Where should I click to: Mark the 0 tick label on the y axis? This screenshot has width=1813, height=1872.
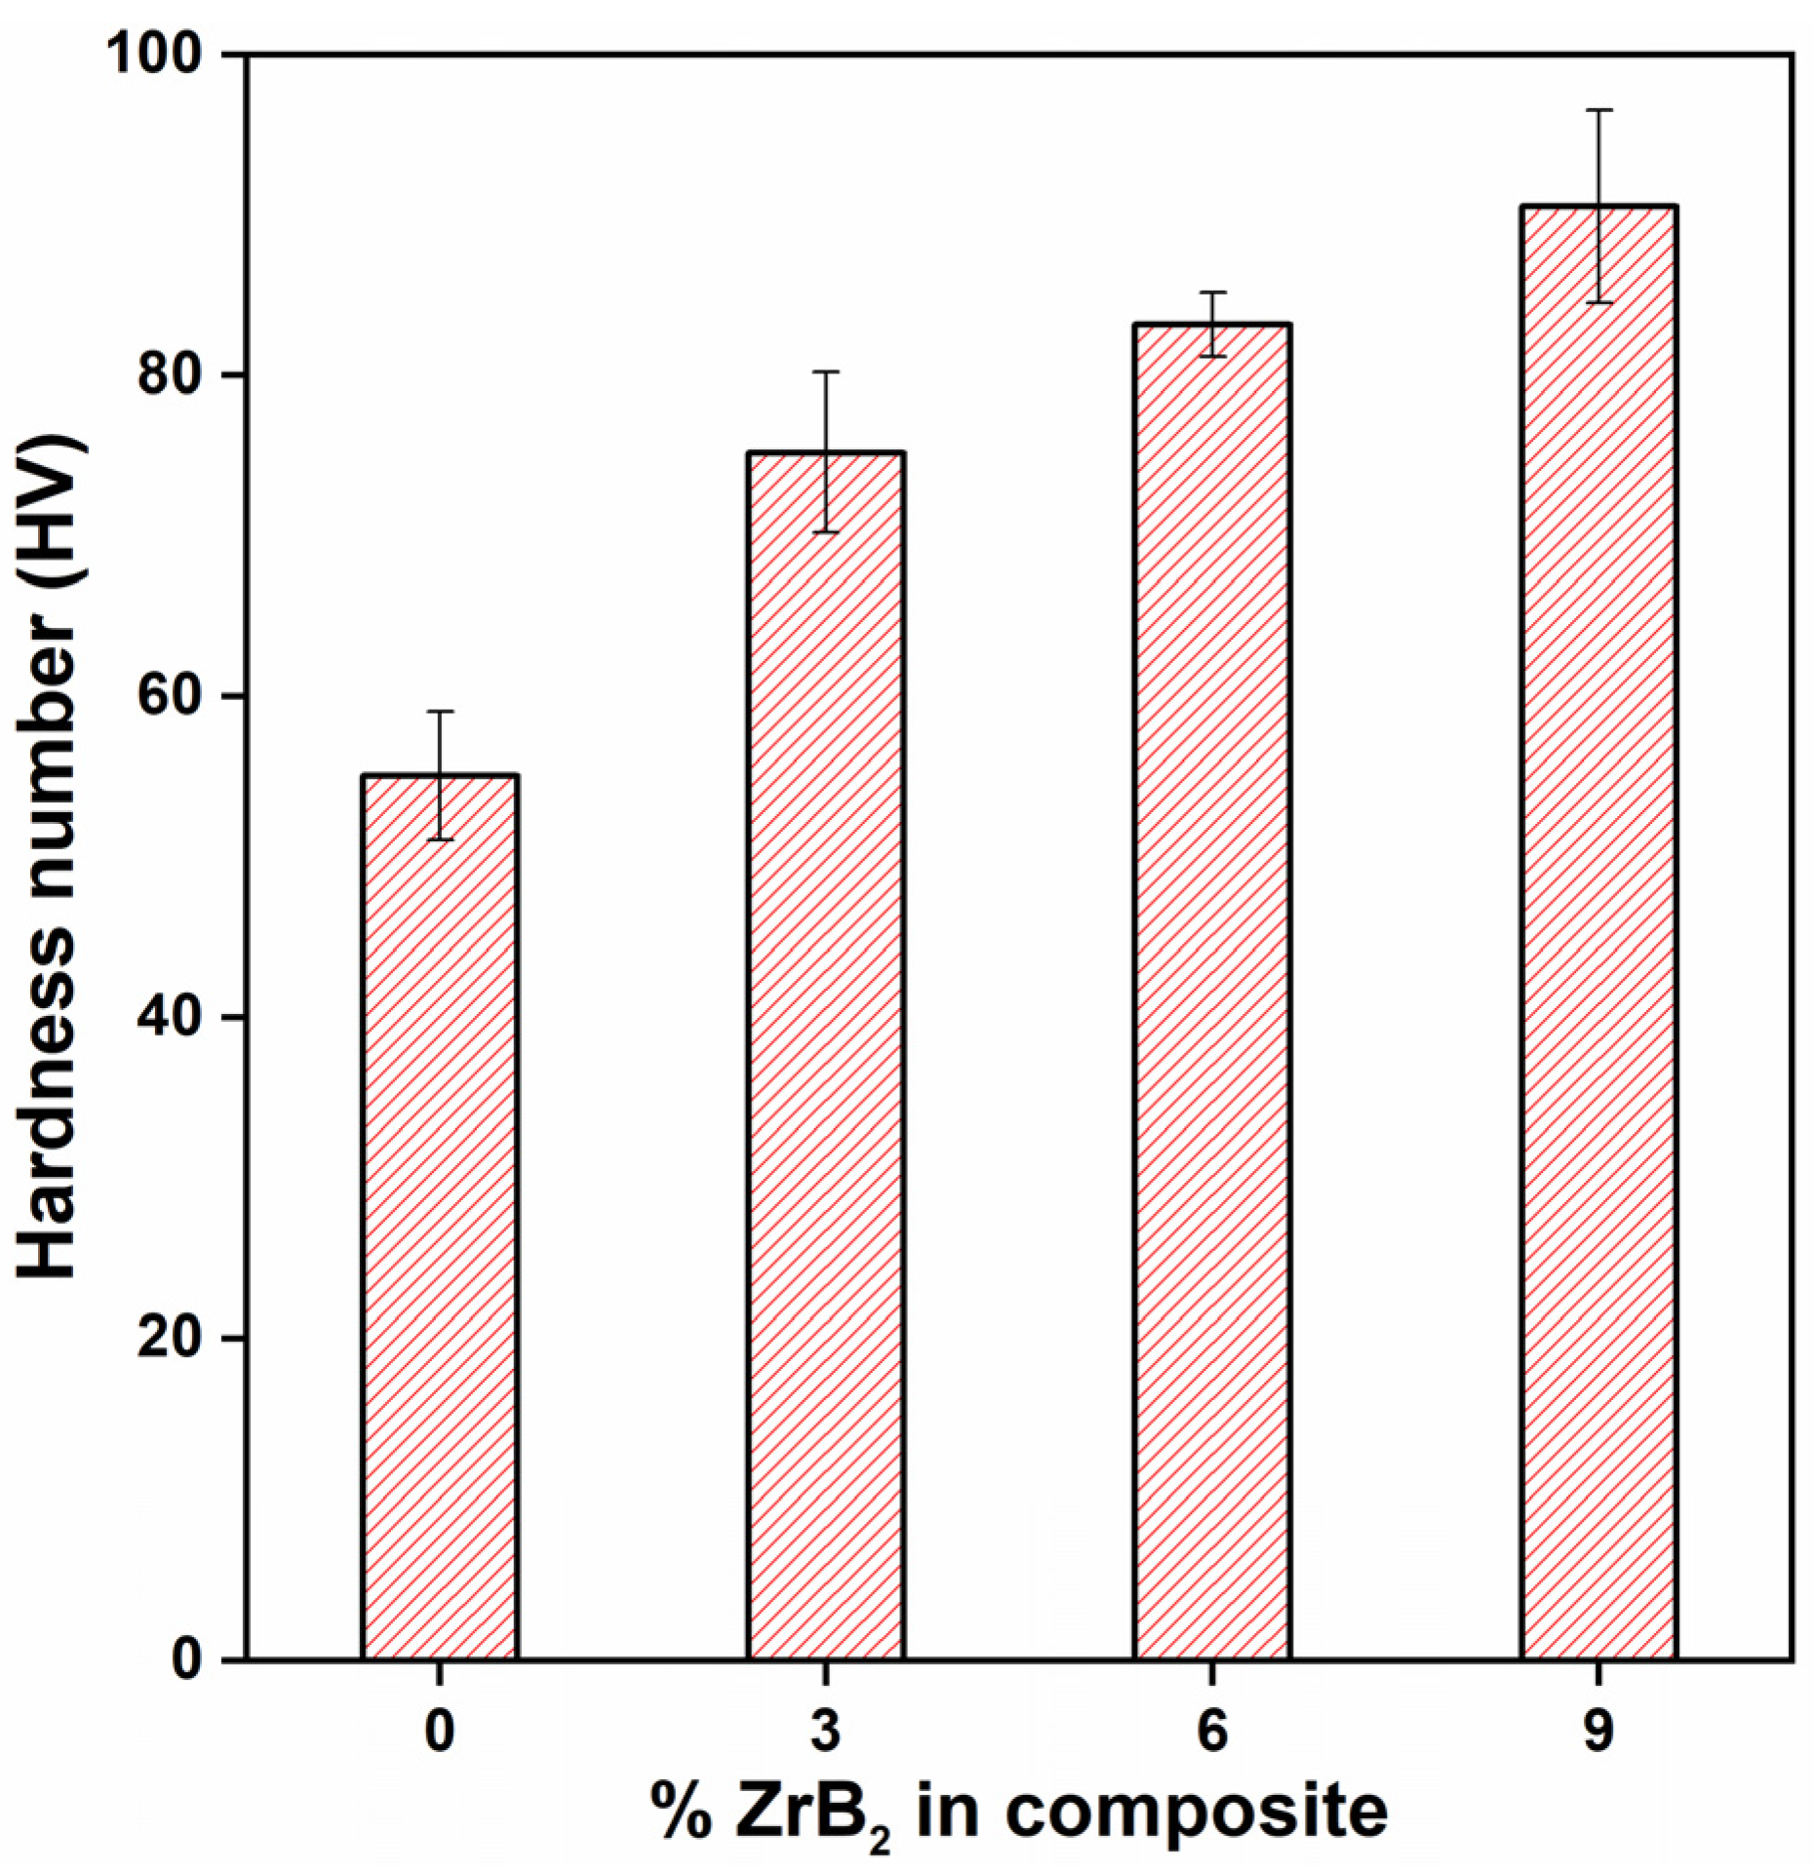coord(187,1658)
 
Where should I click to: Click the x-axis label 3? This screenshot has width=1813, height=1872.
coord(826,1731)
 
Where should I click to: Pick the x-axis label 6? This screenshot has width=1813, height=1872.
coord(1212,1731)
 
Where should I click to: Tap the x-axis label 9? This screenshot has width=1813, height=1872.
coord(1598,1731)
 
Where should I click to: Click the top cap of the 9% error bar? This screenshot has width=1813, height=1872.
coord(1598,110)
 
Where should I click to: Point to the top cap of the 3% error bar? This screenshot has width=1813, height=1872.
coord(826,371)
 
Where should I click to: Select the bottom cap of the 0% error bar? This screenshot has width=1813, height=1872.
coord(440,839)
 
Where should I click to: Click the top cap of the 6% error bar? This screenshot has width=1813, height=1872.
coord(1212,292)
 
